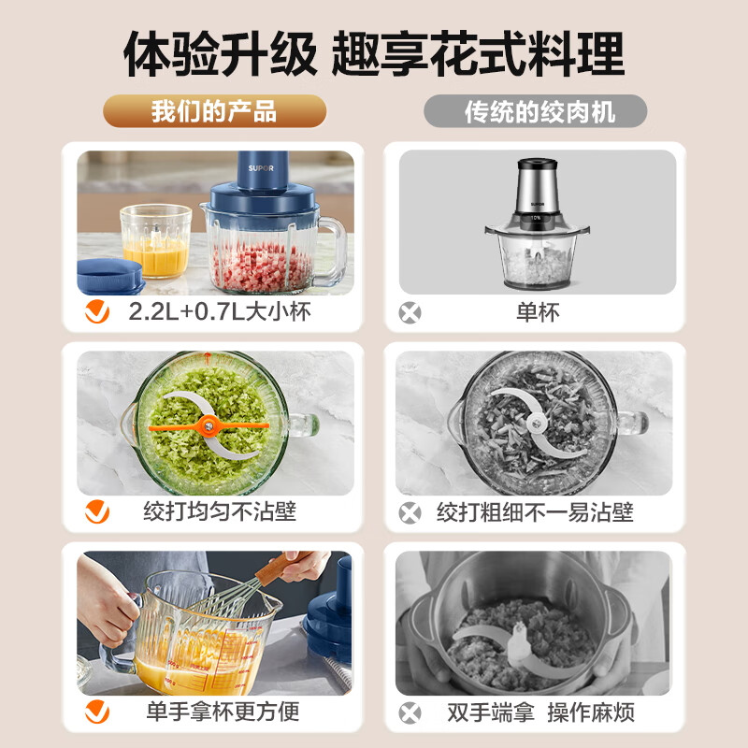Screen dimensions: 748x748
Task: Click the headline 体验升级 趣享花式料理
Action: click(x=374, y=54)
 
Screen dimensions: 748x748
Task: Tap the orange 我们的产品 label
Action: click(x=214, y=112)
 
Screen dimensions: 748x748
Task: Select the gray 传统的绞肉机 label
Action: click(x=536, y=112)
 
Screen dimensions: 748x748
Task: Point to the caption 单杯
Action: click(x=538, y=312)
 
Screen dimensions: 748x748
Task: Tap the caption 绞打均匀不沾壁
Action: click(x=220, y=511)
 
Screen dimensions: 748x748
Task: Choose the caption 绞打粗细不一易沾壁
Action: click(x=535, y=511)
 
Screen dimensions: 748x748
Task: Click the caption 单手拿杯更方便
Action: click(x=222, y=712)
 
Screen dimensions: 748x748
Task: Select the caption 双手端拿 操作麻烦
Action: click(x=536, y=712)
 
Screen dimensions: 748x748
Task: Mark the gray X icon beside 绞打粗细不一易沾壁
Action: click(x=410, y=512)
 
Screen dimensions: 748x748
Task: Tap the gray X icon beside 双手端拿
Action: click(x=410, y=712)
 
